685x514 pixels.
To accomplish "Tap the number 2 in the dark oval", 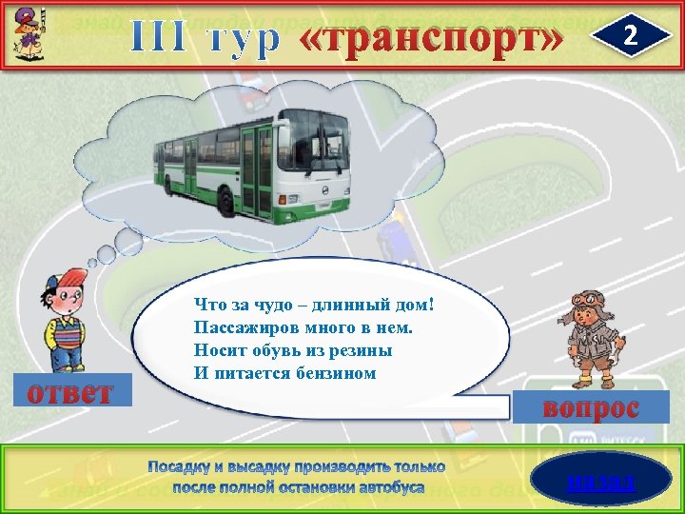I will click(x=629, y=35).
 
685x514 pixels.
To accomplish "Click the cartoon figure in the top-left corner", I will click(x=27, y=31).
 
